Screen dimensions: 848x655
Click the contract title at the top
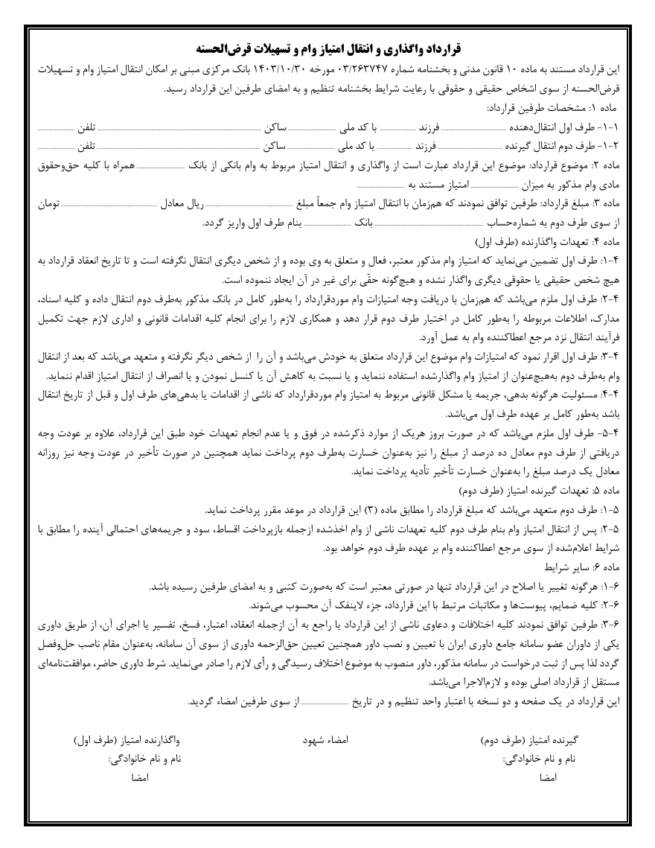327,51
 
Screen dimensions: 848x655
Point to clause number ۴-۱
621,261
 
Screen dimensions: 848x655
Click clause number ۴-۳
621,355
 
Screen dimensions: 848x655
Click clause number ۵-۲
621,530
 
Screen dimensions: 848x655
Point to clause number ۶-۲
621,605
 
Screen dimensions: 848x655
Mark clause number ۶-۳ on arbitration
621,625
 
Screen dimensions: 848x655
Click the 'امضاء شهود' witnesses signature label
325,741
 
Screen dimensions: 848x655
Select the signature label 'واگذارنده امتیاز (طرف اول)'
127,741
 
